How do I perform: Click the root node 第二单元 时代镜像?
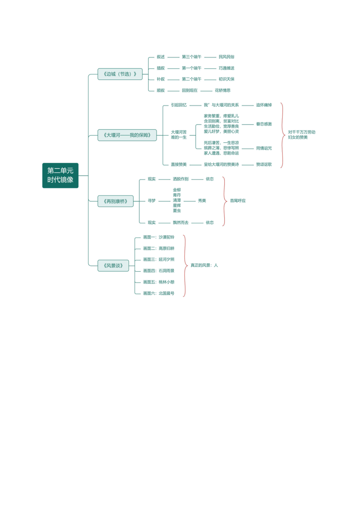pyautogui.click(x=60, y=175)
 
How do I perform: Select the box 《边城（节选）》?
pyautogui.click(x=120, y=74)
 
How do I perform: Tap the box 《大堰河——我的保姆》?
pyautogui.click(x=127, y=135)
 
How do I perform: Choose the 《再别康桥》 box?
pyautogui.click(x=116, y=201)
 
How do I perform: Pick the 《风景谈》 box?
pyautogui.click(x=113, y=266)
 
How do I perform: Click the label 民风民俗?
pyautogui.click(x=226, y=57)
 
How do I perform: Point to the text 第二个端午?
pyautogui.click(x=192, y=79)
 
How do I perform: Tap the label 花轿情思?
pyautogui.click(x=223, y=90)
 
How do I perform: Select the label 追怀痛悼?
pyautogui.click(x=264, y=105)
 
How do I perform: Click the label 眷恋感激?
pyautogui.click(x=264, y=124)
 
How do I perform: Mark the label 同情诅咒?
pyautogui.click(x=264, y=148)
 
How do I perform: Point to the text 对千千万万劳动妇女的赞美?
pyautogui.click(x=301, y=135)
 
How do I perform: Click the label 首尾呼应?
pyautogui.click(x=238, y=201)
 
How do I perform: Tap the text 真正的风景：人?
pyautogui.click(x=204, y=265)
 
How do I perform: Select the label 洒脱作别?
pyautogui.click(x=181, y=179)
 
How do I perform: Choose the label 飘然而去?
pyautogui.click(x=181, y=223)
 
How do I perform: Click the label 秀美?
pyautogui.click(x=202, y=201)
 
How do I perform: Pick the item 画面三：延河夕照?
pyautogui.click(x=159, y=260)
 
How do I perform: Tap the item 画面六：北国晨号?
pyautogui.click(x=159, y=293)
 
